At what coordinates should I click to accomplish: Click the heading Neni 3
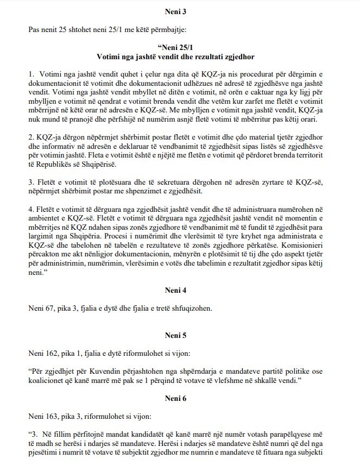coord(179,10)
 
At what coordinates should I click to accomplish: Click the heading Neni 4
coord(179,291)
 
